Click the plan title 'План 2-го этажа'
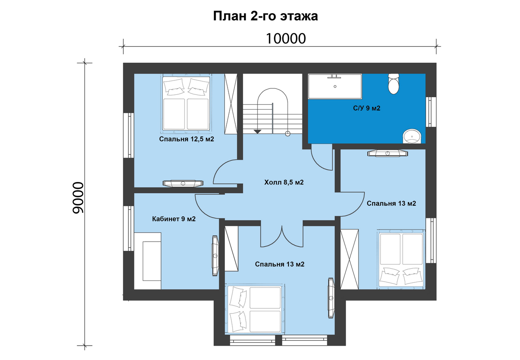(265, 16)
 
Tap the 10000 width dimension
(286, 38)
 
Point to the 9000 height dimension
(78, 198)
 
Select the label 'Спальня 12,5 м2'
(186, 139)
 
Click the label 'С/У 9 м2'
(366, 108)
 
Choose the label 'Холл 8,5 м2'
(284, 182)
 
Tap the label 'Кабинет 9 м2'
(174, 219)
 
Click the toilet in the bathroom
(394, 84)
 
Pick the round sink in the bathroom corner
(412, 136)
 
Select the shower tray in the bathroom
(335, 86)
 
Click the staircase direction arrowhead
(258, 132)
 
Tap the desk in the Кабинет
(148, 261)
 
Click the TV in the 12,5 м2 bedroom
(183, 183)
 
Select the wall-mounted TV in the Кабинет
(215, 256)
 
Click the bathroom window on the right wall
(431, 112)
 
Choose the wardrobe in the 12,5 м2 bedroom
(231, 104)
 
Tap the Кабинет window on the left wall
(128, 228)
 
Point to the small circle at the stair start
(288, 134)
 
